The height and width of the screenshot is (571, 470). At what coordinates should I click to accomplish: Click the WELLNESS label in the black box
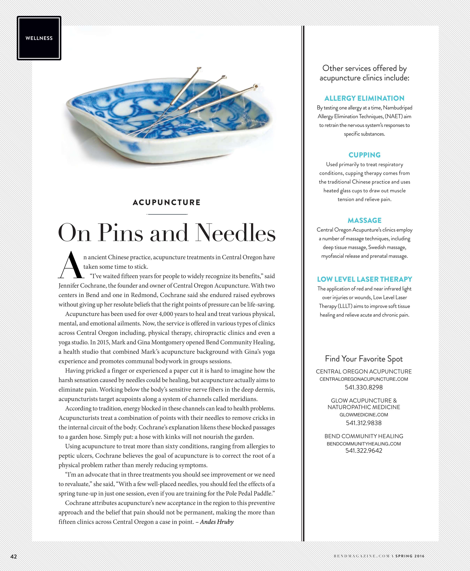[39, 38]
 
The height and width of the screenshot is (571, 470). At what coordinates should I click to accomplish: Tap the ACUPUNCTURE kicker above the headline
[166, 202]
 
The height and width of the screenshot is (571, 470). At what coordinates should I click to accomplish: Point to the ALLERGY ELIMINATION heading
[364, 98]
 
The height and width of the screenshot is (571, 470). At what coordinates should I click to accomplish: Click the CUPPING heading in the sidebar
[364, 155]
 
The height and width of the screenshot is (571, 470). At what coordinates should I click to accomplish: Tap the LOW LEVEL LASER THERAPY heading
[364, 279]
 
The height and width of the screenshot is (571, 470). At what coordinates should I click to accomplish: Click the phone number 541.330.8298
[364, 387]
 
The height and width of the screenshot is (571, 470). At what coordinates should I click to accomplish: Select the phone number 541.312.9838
[364, 423]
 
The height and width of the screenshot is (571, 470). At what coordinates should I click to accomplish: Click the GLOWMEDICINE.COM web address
[364, 415]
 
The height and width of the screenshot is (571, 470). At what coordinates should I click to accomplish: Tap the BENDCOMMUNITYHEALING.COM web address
[364, 444]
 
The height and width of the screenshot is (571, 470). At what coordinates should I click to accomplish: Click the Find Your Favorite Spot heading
[364, 359]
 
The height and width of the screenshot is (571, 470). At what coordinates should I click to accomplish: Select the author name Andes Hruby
[217, 522]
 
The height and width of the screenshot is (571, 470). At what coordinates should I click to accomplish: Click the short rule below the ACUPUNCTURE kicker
[167, 214]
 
